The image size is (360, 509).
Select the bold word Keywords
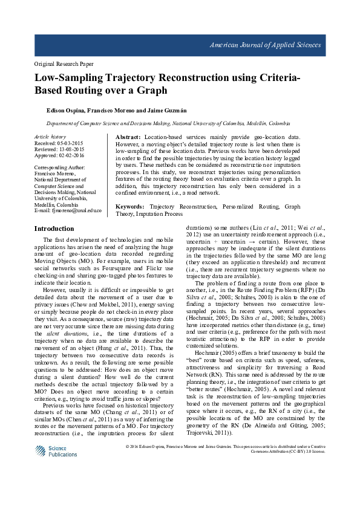131,207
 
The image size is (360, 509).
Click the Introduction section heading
54,229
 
